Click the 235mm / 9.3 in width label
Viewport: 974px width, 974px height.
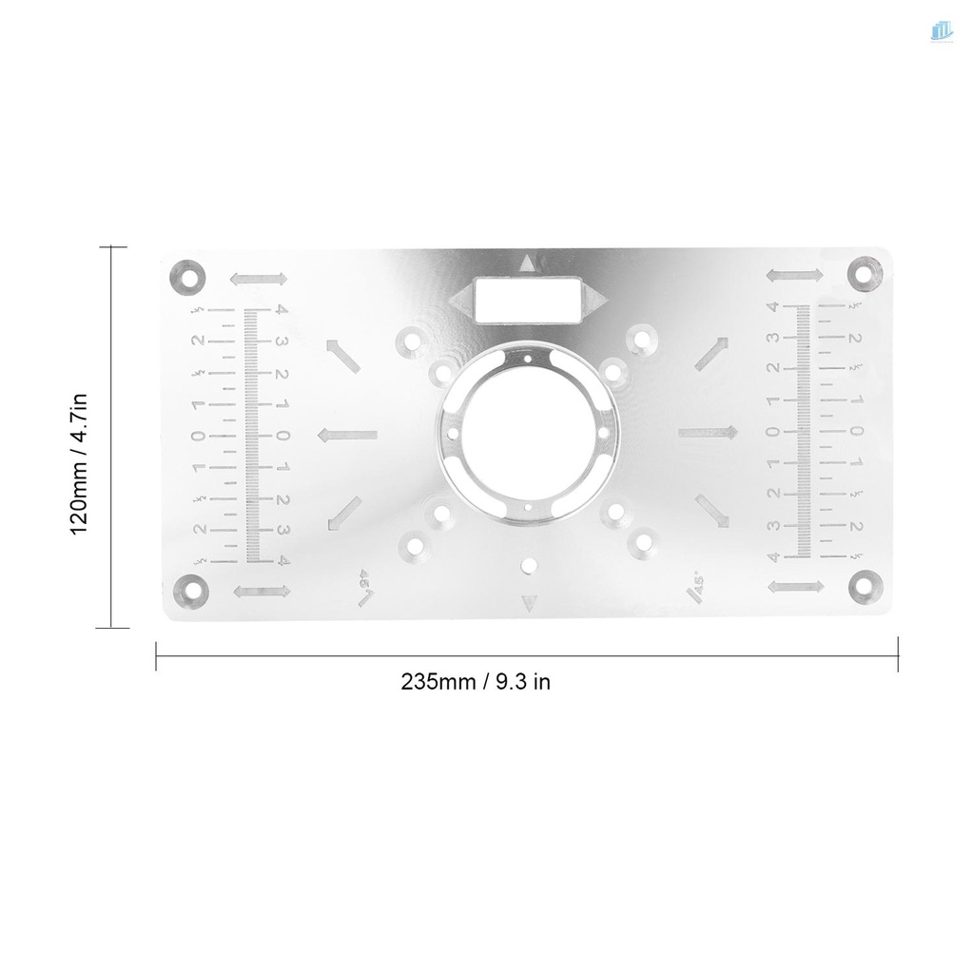tap(476, 682)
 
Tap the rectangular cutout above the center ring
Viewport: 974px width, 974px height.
tap(527, 302)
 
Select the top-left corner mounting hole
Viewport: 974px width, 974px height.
tap(188, 275)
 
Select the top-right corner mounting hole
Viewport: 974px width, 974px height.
tap(866, 273)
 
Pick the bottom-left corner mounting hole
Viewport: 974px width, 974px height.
tap(189, 591)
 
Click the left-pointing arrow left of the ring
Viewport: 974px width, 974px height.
tap(347, 436)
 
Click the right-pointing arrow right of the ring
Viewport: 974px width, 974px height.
tap(709, 433)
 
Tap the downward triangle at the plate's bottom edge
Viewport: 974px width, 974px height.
tap(529, 602)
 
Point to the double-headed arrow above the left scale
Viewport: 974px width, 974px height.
tap(259, 279)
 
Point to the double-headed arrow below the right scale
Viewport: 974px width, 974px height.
tap(795, 586)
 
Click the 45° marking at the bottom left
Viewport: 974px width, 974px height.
tap(363, 585)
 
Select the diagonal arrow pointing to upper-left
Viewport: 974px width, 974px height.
tap(343, 355)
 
